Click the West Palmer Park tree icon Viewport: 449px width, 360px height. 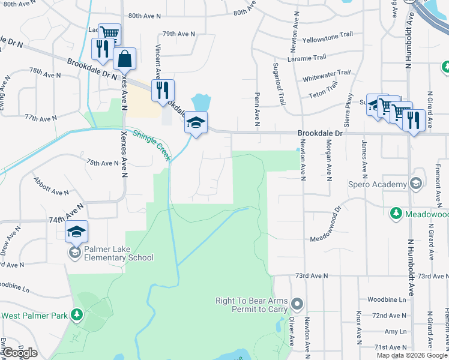pyautogui.click(x=76, y=315)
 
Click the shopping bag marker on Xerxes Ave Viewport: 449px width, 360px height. pyautogui.click(x=124, y=61)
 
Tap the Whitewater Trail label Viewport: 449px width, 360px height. pyautogui.click(x=326, y=76)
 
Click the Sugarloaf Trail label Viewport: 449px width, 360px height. pyautogui.click(x=279, y=84)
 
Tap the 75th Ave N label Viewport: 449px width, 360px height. pyautogui.click(x=103, y=163)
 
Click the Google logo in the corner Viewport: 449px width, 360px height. pyautogui.click(x=19, y=353)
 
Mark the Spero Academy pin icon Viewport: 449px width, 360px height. pyautogui.click(x=416, y=184)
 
